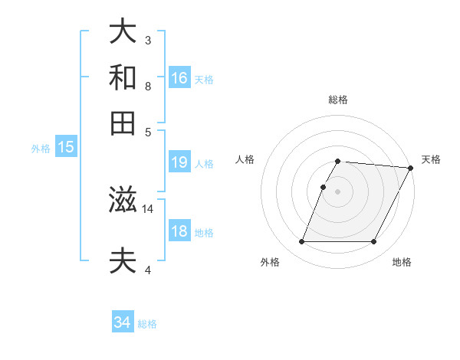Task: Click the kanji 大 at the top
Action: click(123, 31)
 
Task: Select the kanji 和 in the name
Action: click(123, 77)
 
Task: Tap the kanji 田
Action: click(123, 123)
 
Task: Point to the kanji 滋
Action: click(123, 201)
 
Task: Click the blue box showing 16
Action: click(180, 77)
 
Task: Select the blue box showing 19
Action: click(179, 162)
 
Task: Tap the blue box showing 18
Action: click(179, 231)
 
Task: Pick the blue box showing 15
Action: click(66, 148)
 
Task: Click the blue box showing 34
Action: click(123, 322)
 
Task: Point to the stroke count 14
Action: click(148, 208)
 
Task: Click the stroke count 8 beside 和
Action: click(148, 87)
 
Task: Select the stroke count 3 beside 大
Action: click(148, 40)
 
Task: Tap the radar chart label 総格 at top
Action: click(338, 100)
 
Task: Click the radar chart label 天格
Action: click(431, 159)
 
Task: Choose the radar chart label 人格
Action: click(245, 159)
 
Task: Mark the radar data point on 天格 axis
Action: click(411, 167)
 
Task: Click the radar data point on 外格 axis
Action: click(301, 242)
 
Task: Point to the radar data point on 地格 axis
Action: click(374, 242)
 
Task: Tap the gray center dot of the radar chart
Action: click(338, 191)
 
